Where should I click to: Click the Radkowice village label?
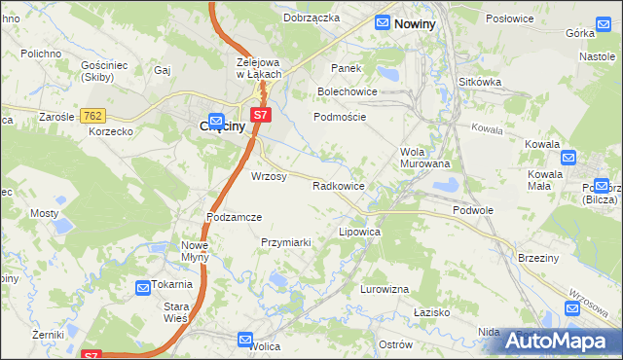pyautogui.click(x=338, y=185)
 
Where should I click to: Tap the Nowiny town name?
pyautogui.click(x=415, y=22)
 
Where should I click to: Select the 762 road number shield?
pyautogui.click(x=93, y=116)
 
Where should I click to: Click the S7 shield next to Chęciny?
pyautogui.click(x=259, y=115)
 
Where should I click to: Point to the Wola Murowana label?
pyautogui.click(x=424, y=158)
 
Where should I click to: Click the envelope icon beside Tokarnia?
pyautogui.click(x=142, y=286)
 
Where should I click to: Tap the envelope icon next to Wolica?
pyautogui.click(x=245, y=339)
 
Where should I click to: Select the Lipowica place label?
pyautogui.click(x=358, y=233)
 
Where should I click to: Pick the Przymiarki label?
pyautogui.click(x=285, y=241)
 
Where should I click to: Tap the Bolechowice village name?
pyautogui.click(x=347, y=91)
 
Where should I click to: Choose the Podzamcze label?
pyautogui.click(x=235, y=216)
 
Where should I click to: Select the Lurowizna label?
pyautogui.click(x=385, y=289)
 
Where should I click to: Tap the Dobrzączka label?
pyautogui.click(x=311, y=18)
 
